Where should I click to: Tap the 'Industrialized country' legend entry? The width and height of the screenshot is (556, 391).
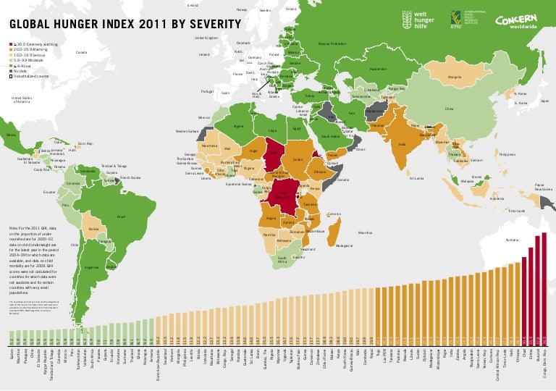[28, 75]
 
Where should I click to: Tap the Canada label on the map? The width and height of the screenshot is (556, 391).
[81, 52]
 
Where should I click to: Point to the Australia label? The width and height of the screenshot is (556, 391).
[512, 239]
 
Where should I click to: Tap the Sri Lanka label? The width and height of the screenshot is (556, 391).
[416, 177]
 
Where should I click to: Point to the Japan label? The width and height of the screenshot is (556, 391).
[544, 101]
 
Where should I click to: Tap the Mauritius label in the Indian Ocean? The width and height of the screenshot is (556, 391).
[365, 232]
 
